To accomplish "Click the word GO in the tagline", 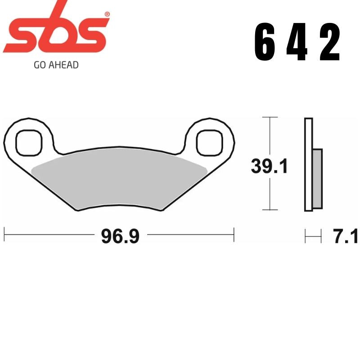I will coord(40,65).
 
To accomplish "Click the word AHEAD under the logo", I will coord(63,65).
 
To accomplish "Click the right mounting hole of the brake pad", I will coord(210,140).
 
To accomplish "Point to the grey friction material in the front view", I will coord(119,180).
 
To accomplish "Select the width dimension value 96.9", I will coord(120,236).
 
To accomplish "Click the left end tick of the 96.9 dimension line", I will coord(4,234).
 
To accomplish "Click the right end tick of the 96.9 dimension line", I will coord(234,234).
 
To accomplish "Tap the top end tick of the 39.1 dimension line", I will coord(269,117).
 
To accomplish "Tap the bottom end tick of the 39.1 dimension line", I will coord(269,210).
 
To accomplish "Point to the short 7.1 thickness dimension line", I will coord(313,235).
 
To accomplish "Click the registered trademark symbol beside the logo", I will coord(107,14).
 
